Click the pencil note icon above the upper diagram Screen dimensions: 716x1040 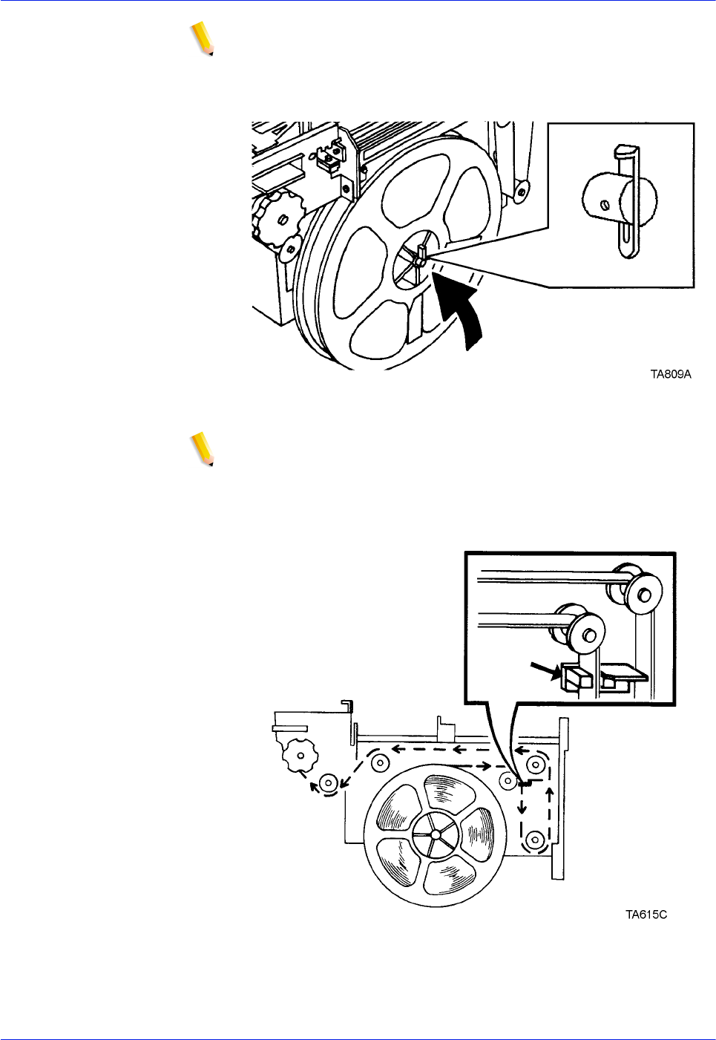(x=202, y=39)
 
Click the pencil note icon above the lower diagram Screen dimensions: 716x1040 (x=202, y=448)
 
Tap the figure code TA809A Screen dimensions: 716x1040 (x=670, y=374)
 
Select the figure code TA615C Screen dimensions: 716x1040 (x=646, y=915)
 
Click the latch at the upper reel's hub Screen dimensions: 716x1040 (x=421, y=254)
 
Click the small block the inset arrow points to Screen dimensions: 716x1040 (x=575, y=678)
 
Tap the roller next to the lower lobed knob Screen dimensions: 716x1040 (x=329, y=781)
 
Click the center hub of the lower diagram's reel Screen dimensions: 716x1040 (x=436, y=834)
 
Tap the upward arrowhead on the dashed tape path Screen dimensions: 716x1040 (x=550, y=794)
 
